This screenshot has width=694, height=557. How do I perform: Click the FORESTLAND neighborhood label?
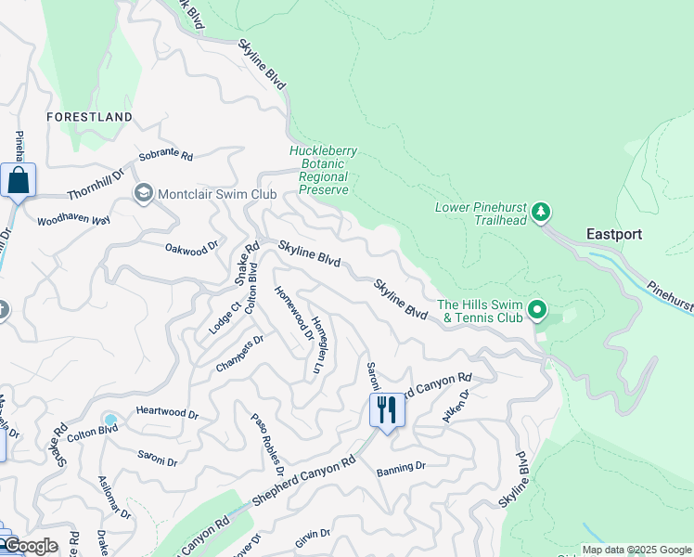click(x=90, y=117)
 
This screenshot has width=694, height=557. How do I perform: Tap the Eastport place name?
click(x=613, y=234)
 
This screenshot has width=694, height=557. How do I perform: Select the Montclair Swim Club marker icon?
click(x=144, y=193)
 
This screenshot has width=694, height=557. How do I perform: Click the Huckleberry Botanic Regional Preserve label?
click(x=319, y=170)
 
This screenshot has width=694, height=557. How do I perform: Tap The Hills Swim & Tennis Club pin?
click(x=537, y=309)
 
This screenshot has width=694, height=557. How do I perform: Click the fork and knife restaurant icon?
click(x=386, y=408)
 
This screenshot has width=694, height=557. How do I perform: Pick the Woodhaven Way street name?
click(x=73, y=220)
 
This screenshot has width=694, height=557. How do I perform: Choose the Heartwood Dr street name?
click(x=167, y=413)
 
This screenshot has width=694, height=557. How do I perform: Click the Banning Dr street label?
click(x=401, y=467)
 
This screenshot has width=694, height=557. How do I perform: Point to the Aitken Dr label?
click(x=456, y=407)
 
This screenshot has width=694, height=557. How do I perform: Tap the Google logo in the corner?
click(x=31, y=546)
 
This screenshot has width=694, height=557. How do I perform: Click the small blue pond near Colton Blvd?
click(x=110, y=420)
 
